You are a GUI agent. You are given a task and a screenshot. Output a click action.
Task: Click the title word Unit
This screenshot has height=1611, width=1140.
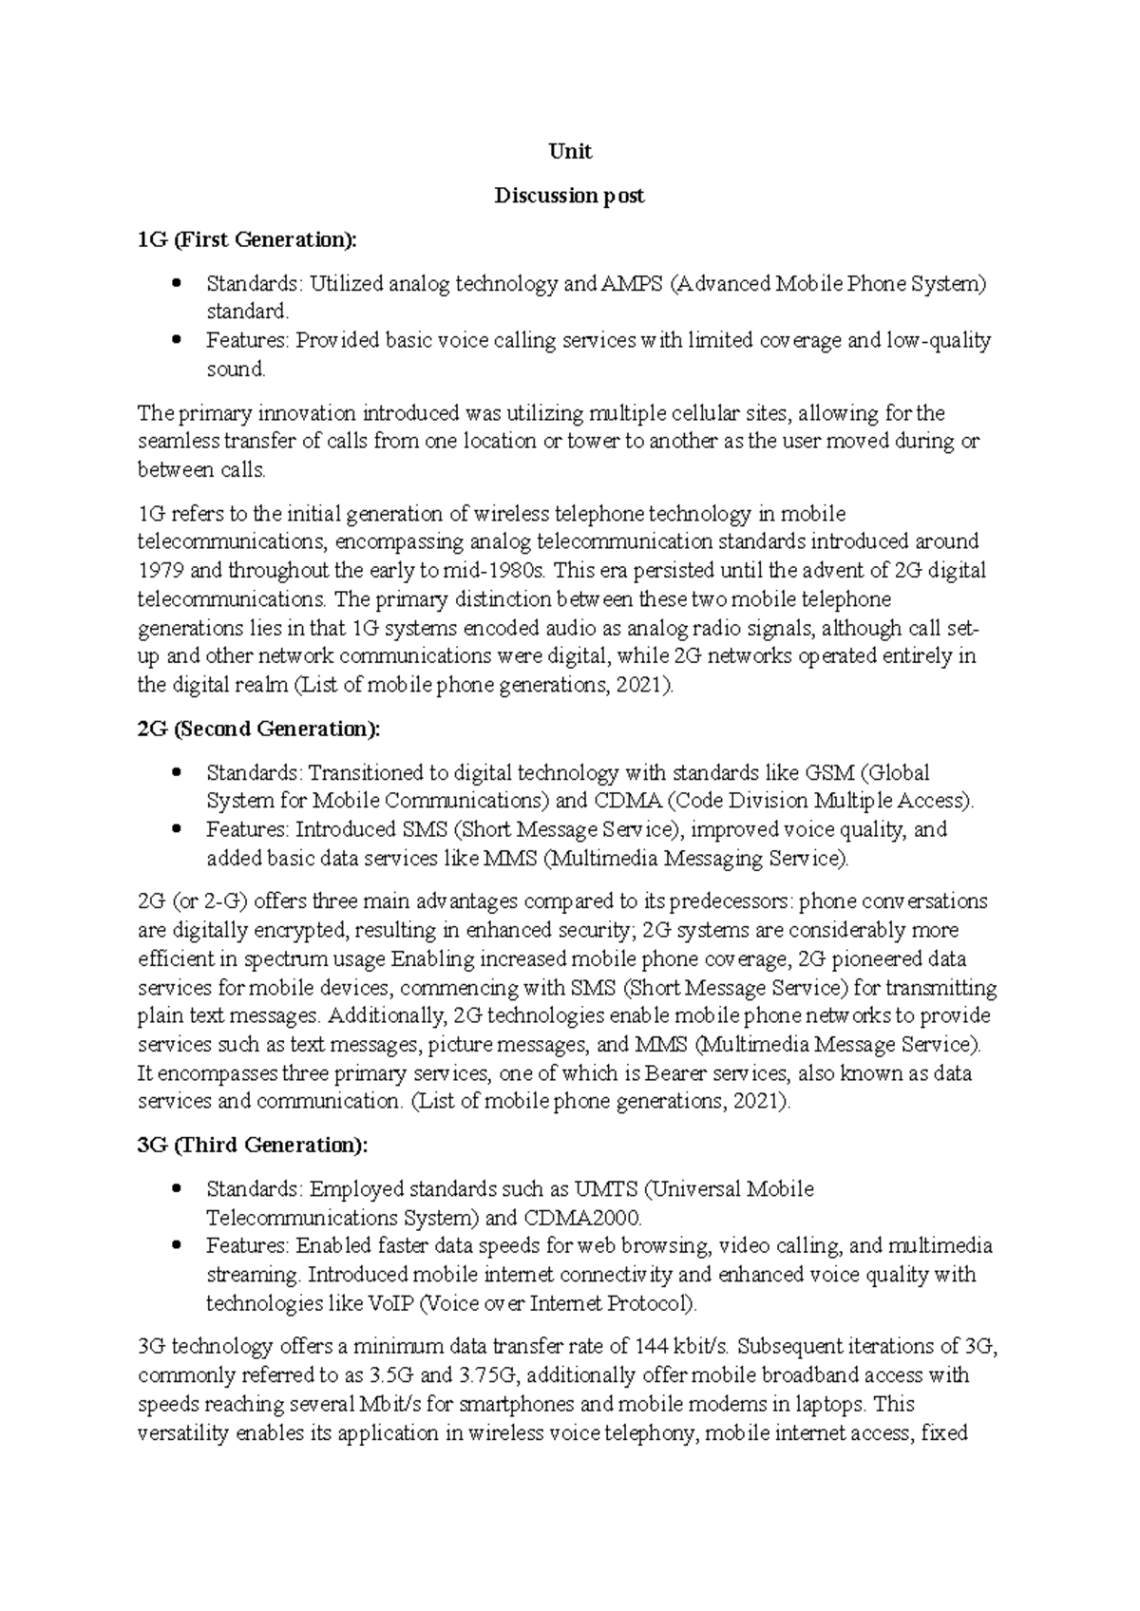[x=570, y=152]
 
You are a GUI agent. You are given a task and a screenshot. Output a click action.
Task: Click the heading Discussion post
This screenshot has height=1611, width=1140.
[x=569, y=197]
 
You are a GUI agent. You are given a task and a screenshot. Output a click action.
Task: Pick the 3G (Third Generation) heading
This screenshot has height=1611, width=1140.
[x=252, y=1145]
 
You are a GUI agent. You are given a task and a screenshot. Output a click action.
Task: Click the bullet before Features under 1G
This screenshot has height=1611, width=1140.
[x=176, y=340]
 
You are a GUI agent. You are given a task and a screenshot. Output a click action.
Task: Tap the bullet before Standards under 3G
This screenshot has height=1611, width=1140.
[x=176, y=1189]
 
